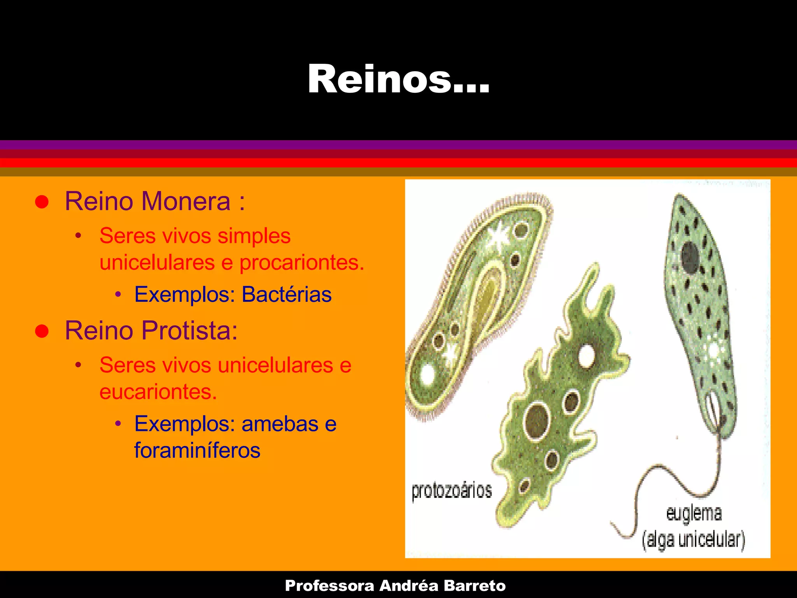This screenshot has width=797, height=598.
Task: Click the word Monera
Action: [x=186, y=201]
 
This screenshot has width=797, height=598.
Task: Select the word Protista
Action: [x=190, y=331]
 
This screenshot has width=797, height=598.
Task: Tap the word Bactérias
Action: [x=286, y=294]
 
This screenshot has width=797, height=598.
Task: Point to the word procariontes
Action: [x=302, y=262]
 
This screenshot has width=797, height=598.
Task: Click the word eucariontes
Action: [x=158, y=392]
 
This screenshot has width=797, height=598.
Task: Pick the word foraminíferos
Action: [x=197, y=450]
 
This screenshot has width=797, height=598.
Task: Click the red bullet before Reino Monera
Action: [x=42, y=202]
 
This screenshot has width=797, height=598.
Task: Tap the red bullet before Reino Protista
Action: [x=42, y=331]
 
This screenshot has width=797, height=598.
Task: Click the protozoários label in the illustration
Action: [x=451, y=491]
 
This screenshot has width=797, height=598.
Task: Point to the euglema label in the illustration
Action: [x=694, y=513]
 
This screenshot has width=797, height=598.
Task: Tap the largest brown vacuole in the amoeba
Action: [x=537, y=422]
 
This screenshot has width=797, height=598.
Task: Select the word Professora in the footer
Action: [x=329, y=586]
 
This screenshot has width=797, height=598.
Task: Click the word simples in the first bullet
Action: [x=254, y=236]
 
